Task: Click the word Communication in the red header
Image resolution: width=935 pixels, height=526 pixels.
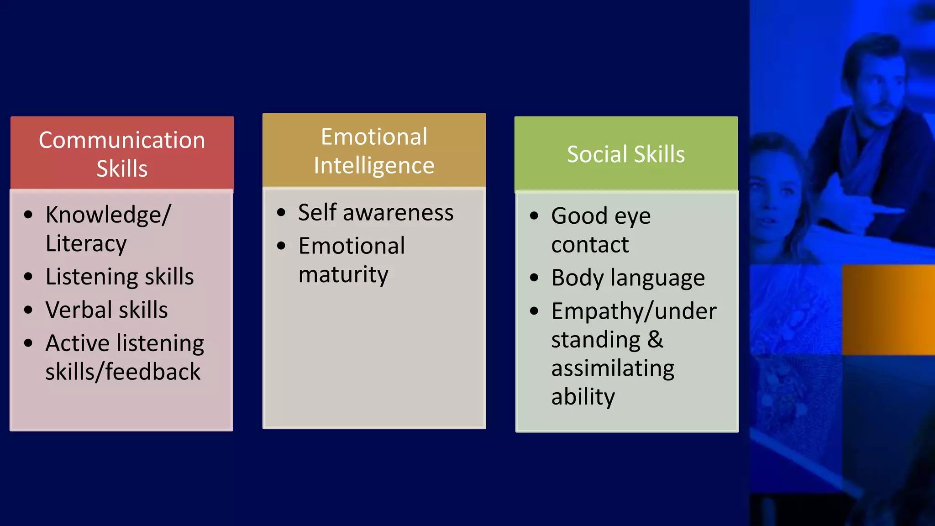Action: point(122,140)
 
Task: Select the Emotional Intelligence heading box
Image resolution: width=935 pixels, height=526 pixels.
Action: point(374,151)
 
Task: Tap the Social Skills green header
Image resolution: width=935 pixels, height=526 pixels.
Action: point(625,154)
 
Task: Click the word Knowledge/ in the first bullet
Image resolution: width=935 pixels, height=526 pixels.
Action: point(108,215)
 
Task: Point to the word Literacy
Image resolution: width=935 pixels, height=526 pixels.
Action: point(86,243)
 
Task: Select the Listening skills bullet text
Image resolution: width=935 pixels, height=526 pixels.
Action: point(120,277)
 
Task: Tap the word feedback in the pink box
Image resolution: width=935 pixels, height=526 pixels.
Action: point(153,372)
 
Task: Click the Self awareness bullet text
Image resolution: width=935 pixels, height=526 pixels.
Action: point(376,213)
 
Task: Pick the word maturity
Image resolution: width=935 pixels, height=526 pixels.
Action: point(343,275)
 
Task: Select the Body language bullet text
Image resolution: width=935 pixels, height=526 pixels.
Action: point(628,278)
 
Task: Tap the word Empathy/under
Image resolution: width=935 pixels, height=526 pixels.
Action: point(634,311)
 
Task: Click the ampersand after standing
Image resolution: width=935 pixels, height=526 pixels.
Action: point(655,340)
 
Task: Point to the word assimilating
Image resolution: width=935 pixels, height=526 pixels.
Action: point(613,368)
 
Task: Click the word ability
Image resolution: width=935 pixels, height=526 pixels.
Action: point(583,397)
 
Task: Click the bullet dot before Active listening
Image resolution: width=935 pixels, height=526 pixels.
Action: point(28,343)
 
